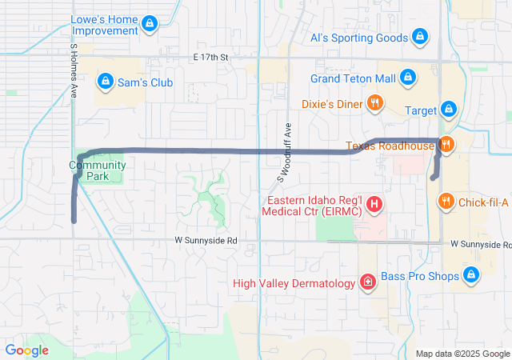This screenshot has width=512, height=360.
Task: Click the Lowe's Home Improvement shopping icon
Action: tap(150, 25)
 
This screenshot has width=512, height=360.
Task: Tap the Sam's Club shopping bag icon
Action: tap(105, 82)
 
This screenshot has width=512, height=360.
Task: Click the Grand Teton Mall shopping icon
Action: tap(407, 78)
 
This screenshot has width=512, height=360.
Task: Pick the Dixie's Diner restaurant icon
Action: tap(374, 103)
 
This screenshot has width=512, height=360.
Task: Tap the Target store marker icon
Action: tap(449, 110)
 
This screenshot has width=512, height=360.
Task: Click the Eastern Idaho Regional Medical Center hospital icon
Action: tap(373, 205)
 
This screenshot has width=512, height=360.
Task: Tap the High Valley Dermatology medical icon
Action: tap(367, 282)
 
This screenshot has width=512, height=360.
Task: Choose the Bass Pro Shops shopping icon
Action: tap(471, 276)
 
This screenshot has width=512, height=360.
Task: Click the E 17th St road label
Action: tap(211, 58)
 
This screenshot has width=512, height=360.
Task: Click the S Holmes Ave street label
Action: tap(74, 71)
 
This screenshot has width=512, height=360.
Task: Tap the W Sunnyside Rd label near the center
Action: tap(206, 240)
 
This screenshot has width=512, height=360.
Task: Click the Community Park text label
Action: tap(97, 170)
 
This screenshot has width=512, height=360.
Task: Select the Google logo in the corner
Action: tap(26, 350)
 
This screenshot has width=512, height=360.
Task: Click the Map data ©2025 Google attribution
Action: tap(462, 354)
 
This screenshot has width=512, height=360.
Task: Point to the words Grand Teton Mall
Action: tap(353, 78)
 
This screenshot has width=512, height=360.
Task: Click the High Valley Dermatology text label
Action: tap(294, 283)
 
